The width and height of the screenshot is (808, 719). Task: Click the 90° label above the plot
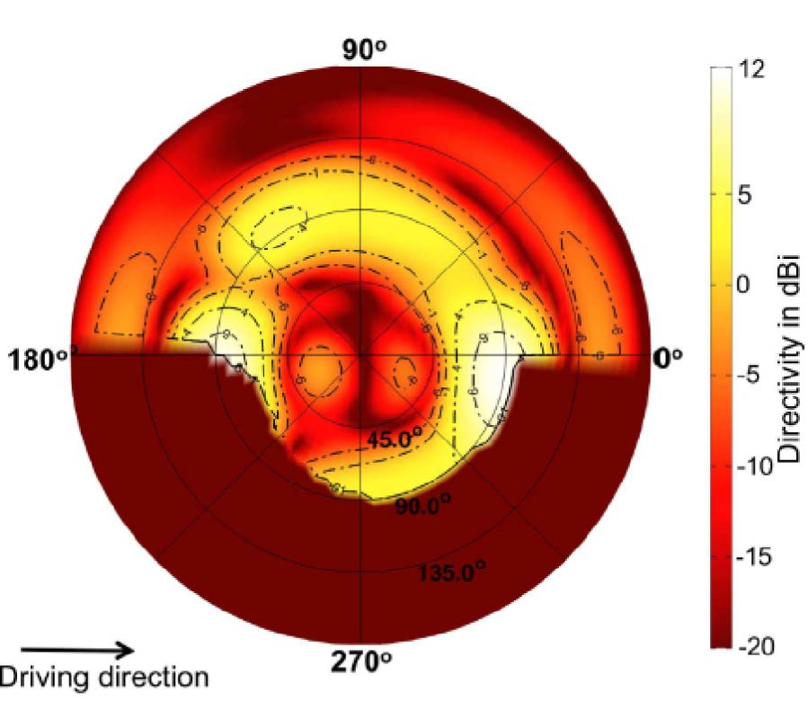point(363,50)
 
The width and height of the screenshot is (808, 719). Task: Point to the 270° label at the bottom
point(360,662)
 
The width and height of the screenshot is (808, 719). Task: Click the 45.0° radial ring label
point(394,439)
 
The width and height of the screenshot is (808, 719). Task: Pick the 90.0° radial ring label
point(422,506)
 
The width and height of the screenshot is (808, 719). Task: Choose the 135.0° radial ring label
point(451,571)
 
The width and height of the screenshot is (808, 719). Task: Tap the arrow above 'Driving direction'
point(77,649)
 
